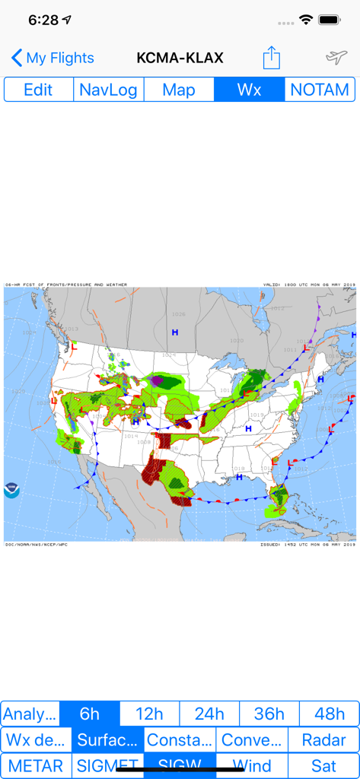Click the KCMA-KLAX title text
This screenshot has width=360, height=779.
coord(180,58)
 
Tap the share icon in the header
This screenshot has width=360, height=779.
coord(272,57)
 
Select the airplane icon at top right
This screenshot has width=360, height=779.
coord(336,57)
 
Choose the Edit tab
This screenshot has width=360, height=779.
coord(38,90)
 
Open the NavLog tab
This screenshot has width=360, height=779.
coord(108,90)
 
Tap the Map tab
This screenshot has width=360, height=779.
coord(179,90)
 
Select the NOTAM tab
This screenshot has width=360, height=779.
coord(320,90)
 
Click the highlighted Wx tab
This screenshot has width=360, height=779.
coord(249,90)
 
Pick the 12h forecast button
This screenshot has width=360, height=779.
coord(149,714)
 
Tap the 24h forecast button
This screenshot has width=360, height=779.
coord(209,714)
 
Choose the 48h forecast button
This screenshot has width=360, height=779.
coord(329,714)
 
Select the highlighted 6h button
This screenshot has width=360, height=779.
coord(90,714)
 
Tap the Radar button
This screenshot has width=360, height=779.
coord(323,740)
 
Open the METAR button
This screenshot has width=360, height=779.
coord(37,766)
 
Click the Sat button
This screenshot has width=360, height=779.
coord(323,766)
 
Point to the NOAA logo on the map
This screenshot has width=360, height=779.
coord(12,490)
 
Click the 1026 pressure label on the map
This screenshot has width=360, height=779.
coord(178,314)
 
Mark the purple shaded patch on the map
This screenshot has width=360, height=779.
coord(157,379)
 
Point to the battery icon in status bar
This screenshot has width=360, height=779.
coord(329,20)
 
